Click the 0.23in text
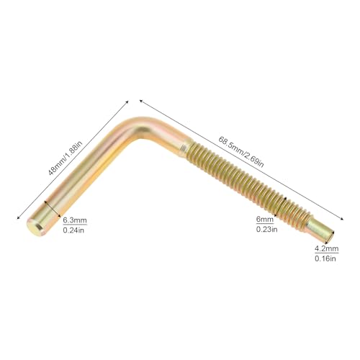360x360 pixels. (x=266, y=229)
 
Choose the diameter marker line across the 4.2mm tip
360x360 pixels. (x=330, y=237)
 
